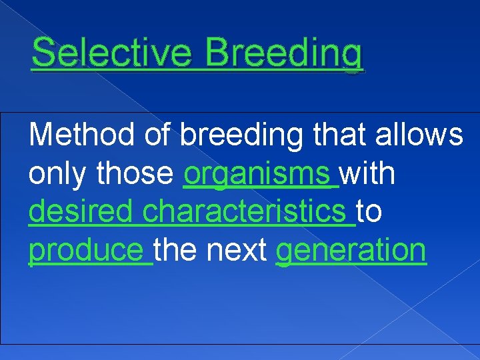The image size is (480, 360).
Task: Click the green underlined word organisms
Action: tap(257, 175)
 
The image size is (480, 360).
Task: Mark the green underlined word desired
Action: tap(83, 212)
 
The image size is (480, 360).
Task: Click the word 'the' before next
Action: tap(178, 250)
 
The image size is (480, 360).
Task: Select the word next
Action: tap(238, 251)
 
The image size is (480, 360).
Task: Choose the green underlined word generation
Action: tap(351, 251)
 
